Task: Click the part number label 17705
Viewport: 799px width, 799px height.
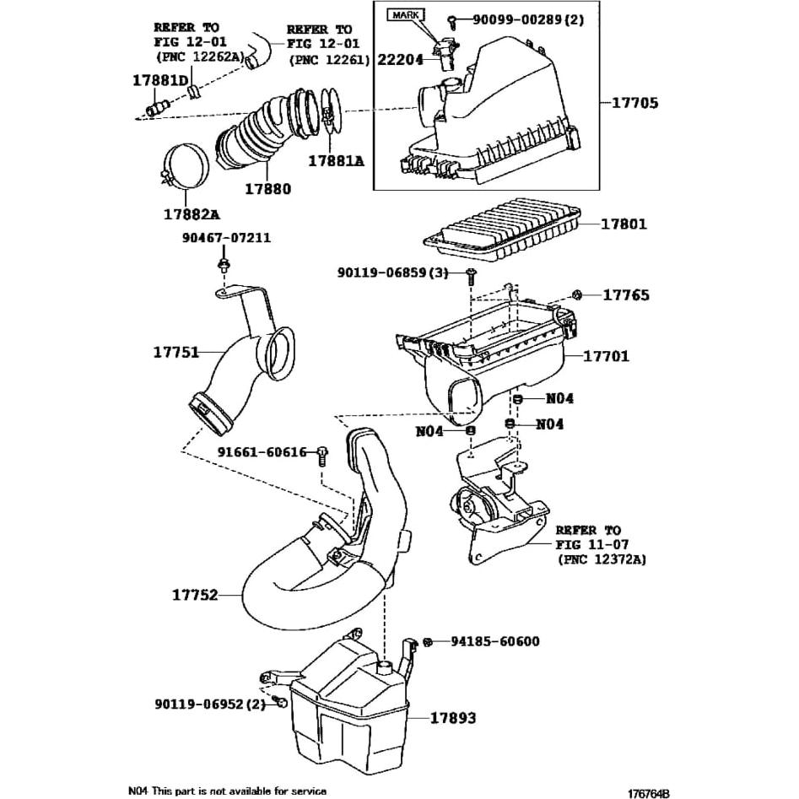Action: point(634,104)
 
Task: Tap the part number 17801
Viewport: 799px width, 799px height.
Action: point(624,224)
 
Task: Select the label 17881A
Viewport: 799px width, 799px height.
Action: point(336,159)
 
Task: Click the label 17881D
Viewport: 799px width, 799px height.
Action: point(159,80)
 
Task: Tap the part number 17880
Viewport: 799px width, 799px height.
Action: point(267,189)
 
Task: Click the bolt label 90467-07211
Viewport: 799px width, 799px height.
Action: point(226,238)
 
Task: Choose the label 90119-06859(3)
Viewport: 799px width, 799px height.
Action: point(392,273)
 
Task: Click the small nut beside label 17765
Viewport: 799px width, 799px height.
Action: point(575,294)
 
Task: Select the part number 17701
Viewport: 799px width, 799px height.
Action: point(606,356)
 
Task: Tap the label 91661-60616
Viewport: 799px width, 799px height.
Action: point(262,452)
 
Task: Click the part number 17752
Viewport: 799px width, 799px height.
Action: point(195,595)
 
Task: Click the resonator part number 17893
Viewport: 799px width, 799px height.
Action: point(453,719)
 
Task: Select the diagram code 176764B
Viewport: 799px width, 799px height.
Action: point(648,793)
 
